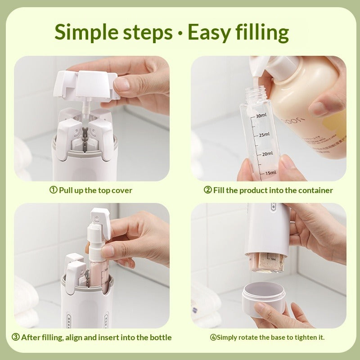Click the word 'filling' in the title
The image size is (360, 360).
click(260, 32)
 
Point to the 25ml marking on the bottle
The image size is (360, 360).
click(263, 134)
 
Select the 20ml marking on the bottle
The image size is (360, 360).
click(267, 153)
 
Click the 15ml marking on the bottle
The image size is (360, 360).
click(270, 172)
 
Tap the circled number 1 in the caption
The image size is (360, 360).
click(53, 190)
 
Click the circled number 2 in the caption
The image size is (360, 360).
click(207, 190)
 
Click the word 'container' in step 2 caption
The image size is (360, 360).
click(315, 190)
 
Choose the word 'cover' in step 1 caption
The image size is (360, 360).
click(121, 190)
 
